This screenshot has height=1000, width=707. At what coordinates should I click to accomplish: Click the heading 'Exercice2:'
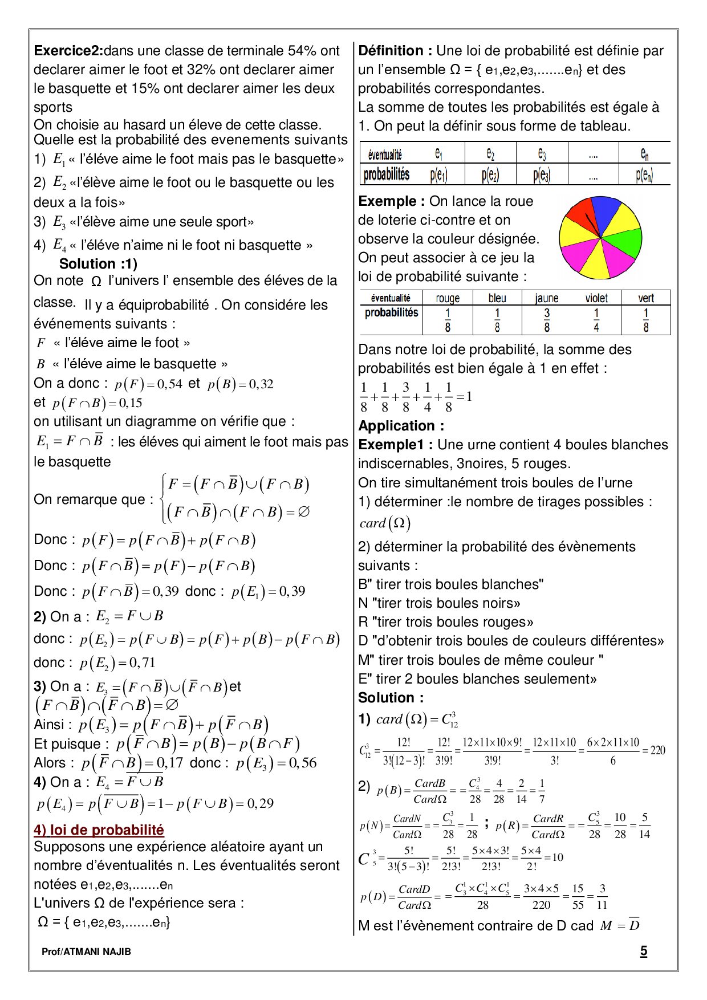(68, 51)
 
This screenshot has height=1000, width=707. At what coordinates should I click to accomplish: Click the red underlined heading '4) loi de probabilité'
(99, 830)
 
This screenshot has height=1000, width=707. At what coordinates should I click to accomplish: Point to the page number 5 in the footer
(644, 950)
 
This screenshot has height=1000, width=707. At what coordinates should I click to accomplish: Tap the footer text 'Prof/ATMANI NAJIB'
(86, 952)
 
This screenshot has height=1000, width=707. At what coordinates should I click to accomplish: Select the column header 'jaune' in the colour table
(546, 298)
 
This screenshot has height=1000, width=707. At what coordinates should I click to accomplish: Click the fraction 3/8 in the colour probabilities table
(546, 320)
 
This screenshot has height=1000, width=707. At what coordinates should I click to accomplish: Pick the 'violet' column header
(596, 298)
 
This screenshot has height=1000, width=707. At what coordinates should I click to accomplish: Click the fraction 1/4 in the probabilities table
(596, 320)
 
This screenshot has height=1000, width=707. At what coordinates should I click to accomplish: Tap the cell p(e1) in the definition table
(438, 175)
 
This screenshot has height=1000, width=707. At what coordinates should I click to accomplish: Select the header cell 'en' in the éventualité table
(644, 153)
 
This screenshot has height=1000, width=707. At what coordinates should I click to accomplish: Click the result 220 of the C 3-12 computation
(657, 750)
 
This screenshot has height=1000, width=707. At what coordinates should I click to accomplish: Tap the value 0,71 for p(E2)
(142, 662)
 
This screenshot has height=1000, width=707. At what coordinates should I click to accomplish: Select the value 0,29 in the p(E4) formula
(260, 803)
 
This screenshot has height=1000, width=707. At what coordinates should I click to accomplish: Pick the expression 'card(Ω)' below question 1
(385, 523)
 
